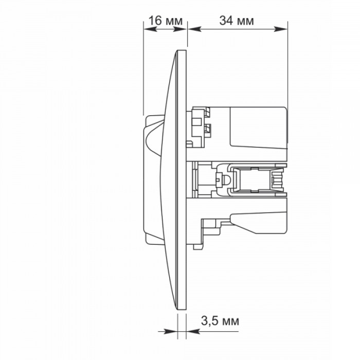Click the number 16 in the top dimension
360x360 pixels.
point(155,21)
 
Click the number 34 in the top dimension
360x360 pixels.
point(226,21)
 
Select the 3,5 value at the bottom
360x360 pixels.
point(209,321)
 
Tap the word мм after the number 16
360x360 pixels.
point(174,22)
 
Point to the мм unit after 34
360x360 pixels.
point(245,22)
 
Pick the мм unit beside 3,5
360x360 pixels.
point(230,321)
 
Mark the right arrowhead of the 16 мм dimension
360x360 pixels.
point(180,29)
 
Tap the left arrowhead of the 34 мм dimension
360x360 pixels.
point(195,29)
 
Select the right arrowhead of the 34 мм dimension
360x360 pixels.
point(281,29)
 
